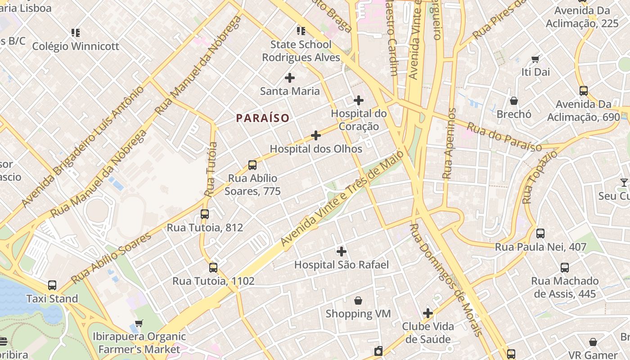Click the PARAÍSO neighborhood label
pyautogui.click(x=263, y=118)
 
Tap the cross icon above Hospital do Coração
pyautogui.click(x=359, y=100)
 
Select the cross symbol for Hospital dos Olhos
pyautogui.click(x=316, y=135)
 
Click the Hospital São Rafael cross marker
pyautogui.click(x=342, y=251)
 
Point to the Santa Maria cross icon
pyautogui.click(x=290, y=78)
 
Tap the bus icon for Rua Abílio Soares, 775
pyautogui.click(x=252, y=165)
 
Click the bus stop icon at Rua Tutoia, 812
pyautogui.click(x=205, y=214)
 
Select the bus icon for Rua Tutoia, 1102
pyautogui.click(x=213, y=268)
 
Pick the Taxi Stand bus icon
pyautogui.click(x=52, y=285)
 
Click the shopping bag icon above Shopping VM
pyautogui.click(x=358, y=300)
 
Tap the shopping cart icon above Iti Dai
pyautogui.click(x=535, y=59)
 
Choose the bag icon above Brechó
pyautogui.click(x=514, y=101)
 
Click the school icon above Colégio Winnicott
pyautogui.click(x=76, y=32)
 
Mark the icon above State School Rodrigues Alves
pyautogui.click(x=301, y=31)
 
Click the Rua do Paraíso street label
pyautogui.click(x=504, y=137)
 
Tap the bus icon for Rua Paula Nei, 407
pyautogui.click(x=540, y=234)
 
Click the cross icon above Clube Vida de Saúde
pyautogui.click(x=428, y=313)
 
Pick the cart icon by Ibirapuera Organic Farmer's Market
pyautogui.click(x=139, y=323)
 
